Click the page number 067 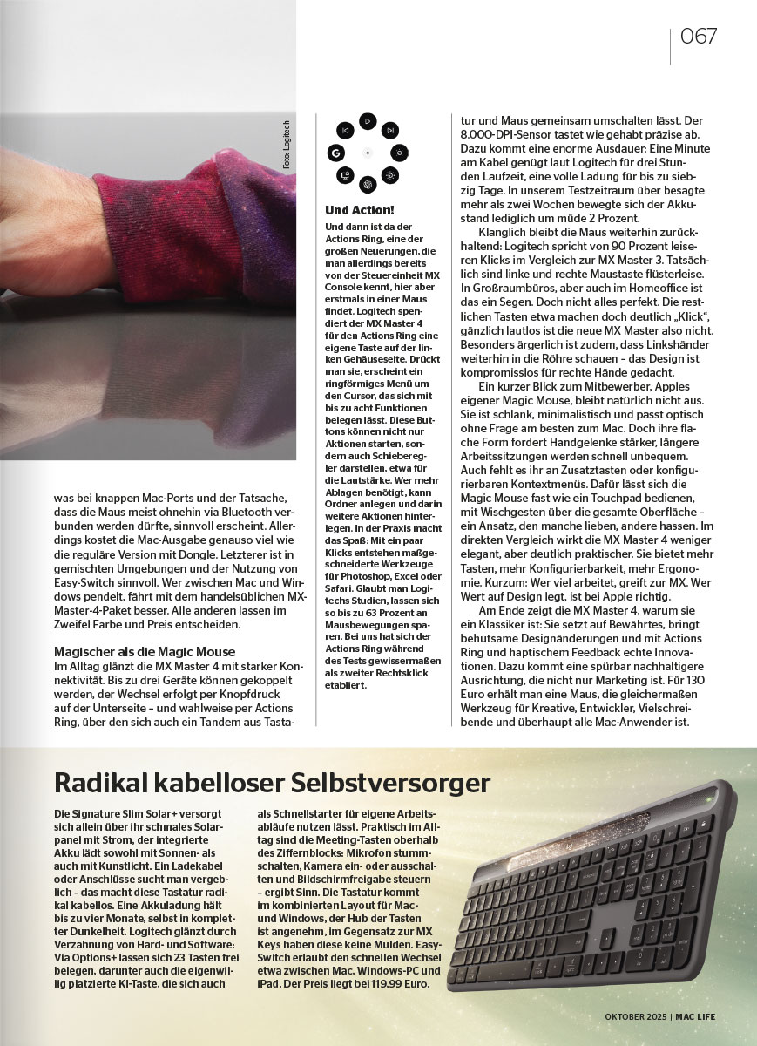[x=699, y=37]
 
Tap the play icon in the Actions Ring [x=368, y=120]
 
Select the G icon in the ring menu [x=333, y=153]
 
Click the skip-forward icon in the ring [x=390, y=129]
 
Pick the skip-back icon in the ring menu [x=345, y=130]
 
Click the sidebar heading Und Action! [x=359, y=210]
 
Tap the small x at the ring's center [x=368, y=153]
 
